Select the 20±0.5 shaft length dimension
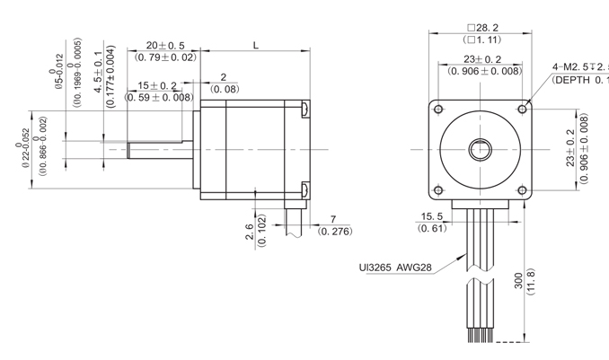click(x=165, y=45)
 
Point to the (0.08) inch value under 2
click(x=225, y=89)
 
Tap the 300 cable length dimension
click(x=517, y=282)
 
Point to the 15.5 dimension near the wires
click(x=432, y=216)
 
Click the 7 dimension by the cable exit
click(x=332, y=220)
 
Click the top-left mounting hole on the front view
click(x=438, y=108)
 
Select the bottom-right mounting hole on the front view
click(x=522, y=189)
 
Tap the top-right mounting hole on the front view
click(x=522, y=108)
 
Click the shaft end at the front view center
click(x=481, y=148)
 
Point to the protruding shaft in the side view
click(x=162, y=148)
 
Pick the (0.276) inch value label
click(x=336, y=232)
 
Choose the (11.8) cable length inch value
click(x=530, y=282)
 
